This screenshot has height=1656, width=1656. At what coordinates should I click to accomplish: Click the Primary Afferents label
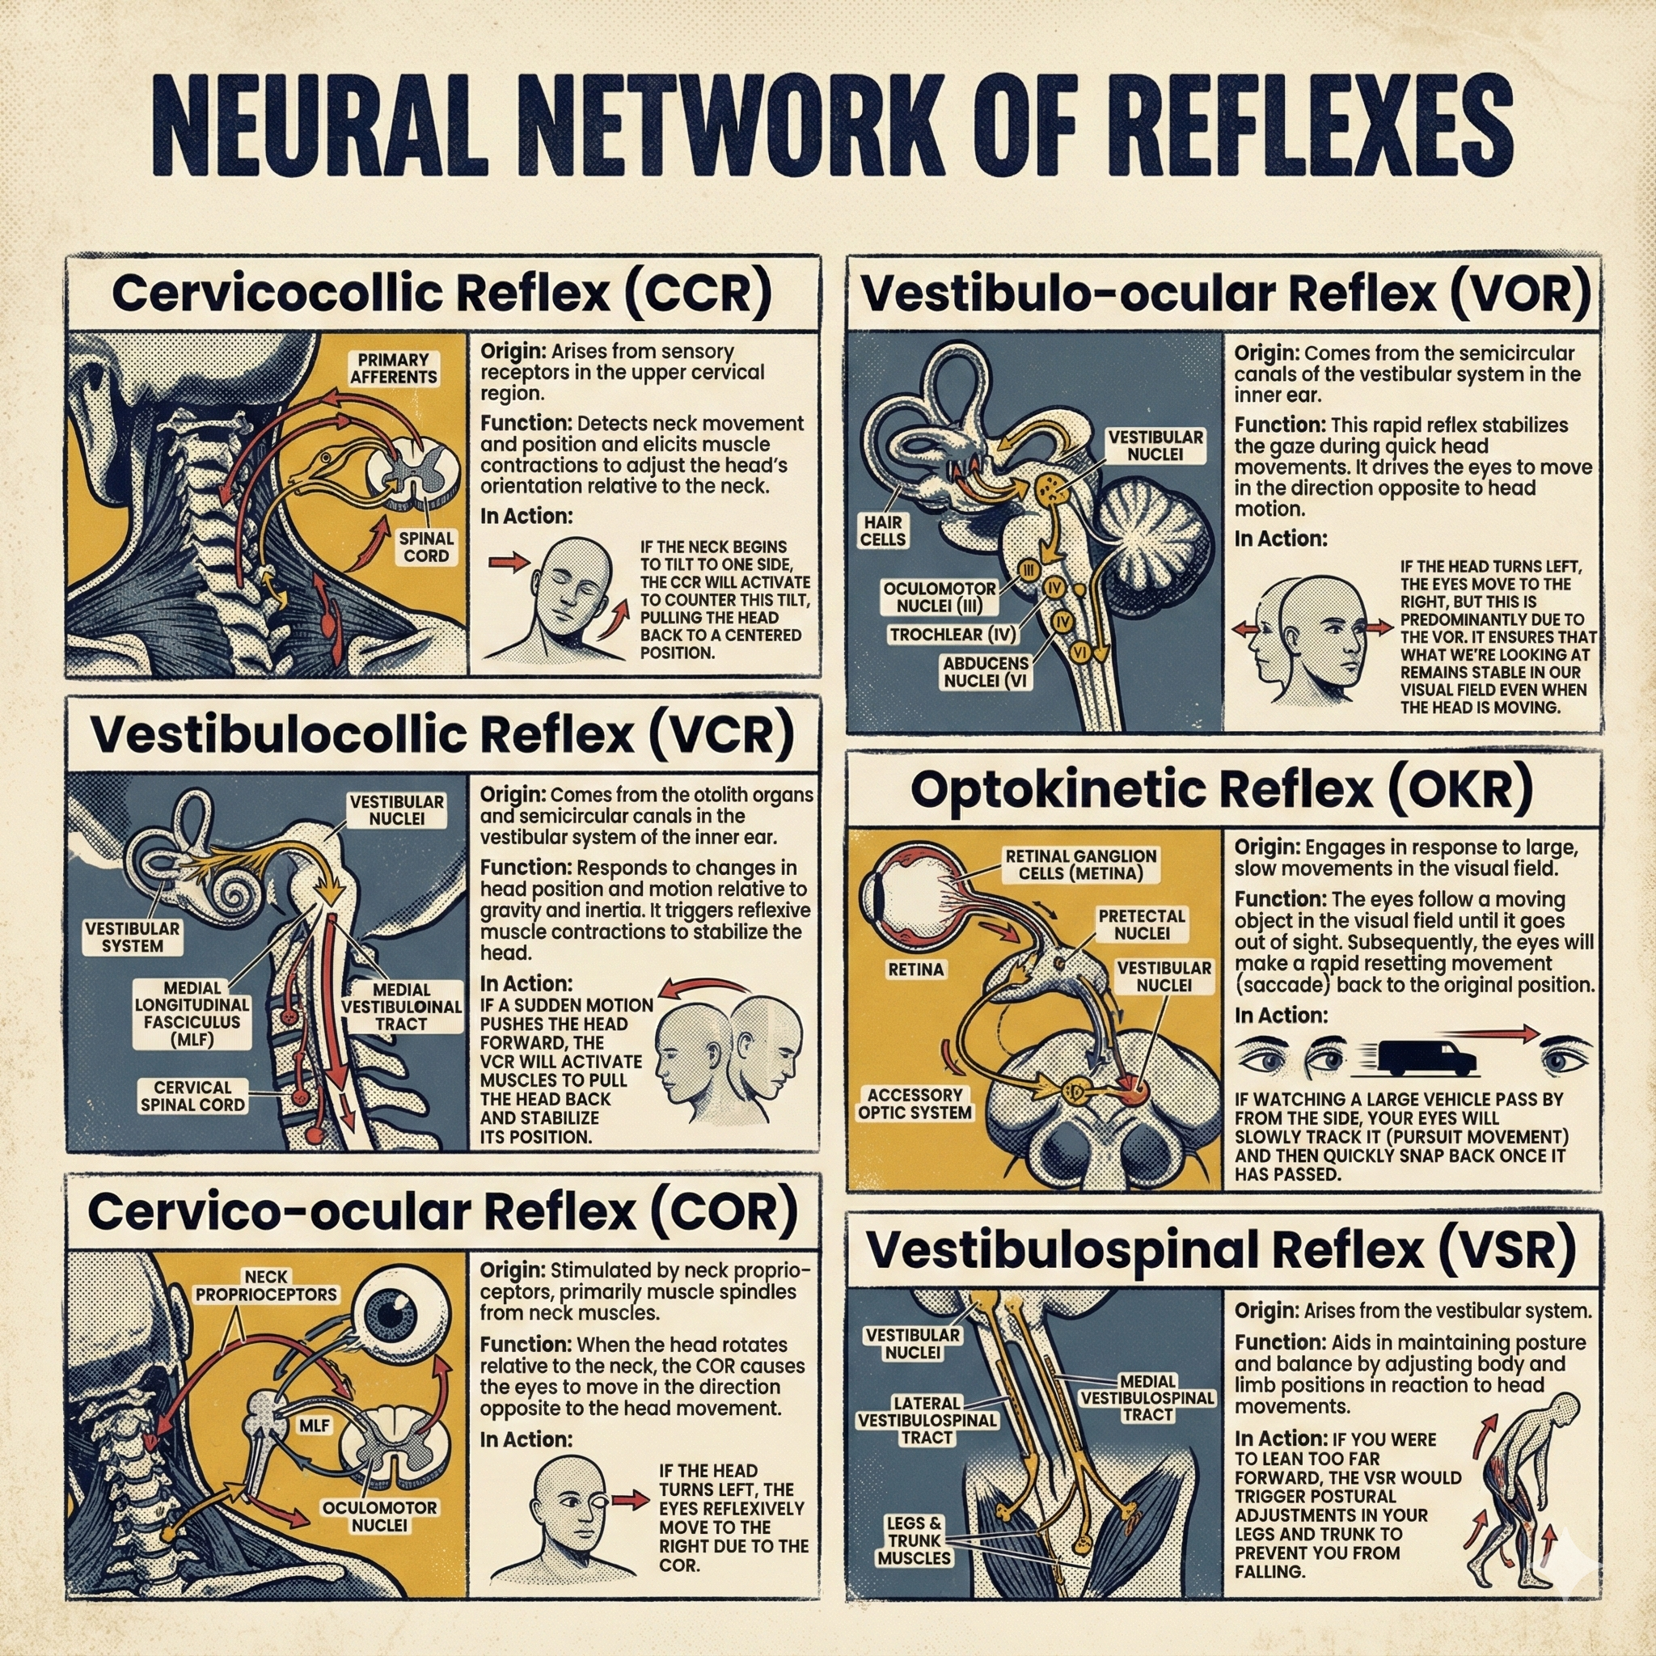pos(394,368)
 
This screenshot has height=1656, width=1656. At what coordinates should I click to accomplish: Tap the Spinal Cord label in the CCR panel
pos(426,547)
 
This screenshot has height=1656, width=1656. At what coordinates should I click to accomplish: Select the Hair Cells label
pos(883,530)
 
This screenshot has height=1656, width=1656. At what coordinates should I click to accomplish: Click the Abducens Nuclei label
pos(986,672)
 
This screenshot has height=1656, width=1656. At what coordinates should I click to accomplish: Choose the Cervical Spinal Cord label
pos(193,1096)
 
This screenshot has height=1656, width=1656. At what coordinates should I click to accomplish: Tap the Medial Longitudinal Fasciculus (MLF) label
pos(192,1013)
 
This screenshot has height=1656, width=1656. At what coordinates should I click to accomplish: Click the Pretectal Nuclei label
pos(1142,924)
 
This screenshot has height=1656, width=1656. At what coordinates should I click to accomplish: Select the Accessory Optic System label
pos(915,1104)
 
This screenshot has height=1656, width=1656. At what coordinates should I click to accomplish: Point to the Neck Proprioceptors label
pos(267,1286)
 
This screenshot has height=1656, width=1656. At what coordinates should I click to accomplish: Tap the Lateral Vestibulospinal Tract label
pos(927,1420)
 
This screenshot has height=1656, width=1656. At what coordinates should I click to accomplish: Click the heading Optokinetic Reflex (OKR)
pos(1223,789)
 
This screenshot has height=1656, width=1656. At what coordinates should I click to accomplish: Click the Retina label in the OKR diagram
pos(916,970)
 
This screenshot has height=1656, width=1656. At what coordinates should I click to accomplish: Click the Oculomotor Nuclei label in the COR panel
pos(380,1516)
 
